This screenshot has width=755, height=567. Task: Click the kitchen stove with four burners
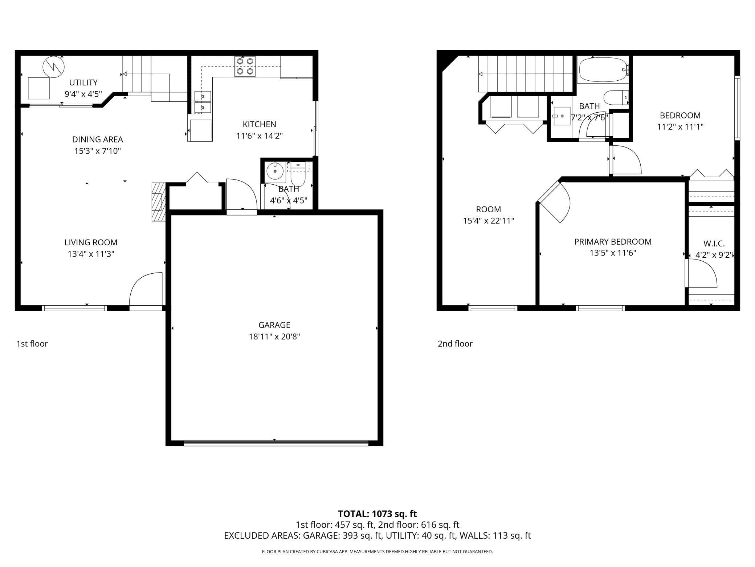tap(245, 66)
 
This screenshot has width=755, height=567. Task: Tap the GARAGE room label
tap(274, 325)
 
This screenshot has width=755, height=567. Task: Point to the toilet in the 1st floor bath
tap(299, 176)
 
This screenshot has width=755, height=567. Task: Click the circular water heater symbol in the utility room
tap(53, 67)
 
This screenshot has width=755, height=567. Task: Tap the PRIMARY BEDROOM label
tap(613, 241)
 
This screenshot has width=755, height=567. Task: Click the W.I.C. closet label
tap(714, 244)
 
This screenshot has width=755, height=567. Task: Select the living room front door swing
tap(145, 289)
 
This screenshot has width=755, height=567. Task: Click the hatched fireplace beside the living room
tap(158, 202)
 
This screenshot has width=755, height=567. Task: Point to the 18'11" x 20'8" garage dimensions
tap(274, 337)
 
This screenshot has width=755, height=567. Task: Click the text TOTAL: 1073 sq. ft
tap(377, 514)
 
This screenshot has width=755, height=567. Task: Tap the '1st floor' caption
tap(32, 343)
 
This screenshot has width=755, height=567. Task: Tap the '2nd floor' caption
tap(455, 343)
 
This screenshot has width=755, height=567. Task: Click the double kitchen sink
tap(202, 102)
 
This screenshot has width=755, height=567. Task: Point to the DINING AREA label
tap(97, 139)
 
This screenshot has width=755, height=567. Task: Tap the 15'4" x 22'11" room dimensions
tap(488, 221)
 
